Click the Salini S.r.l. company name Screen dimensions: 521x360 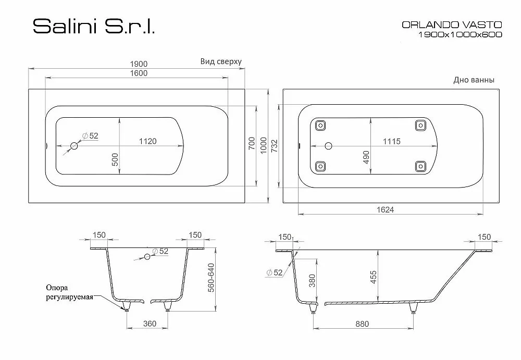click(94, 26)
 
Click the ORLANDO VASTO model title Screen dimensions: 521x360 click(452, 24)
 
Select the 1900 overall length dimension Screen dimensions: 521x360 click(139, 64)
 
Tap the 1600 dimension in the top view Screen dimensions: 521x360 click(139, 73)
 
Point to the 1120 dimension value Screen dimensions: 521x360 click(147, 141)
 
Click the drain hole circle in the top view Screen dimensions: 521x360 click(74, 145)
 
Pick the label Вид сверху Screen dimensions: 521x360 click(221, 61)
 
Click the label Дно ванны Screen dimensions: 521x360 click(474, 80)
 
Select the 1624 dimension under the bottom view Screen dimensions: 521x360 click(386, 209)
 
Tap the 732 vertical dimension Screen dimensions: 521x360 click(274, 146)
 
